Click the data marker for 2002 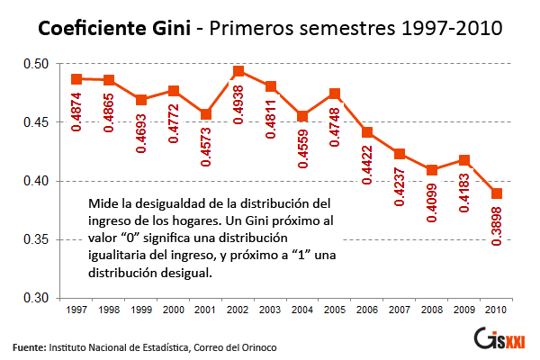pos(238,71)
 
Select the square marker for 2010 pos(496,193)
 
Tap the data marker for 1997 pos(76,79)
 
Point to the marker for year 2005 pos(335,94)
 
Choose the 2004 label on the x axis pos(302,310)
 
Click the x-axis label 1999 pos(141,310)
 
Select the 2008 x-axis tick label pos(431,310)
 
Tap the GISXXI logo pos(506,340)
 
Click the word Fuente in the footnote pos(29,346)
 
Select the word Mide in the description pos(103,204)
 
